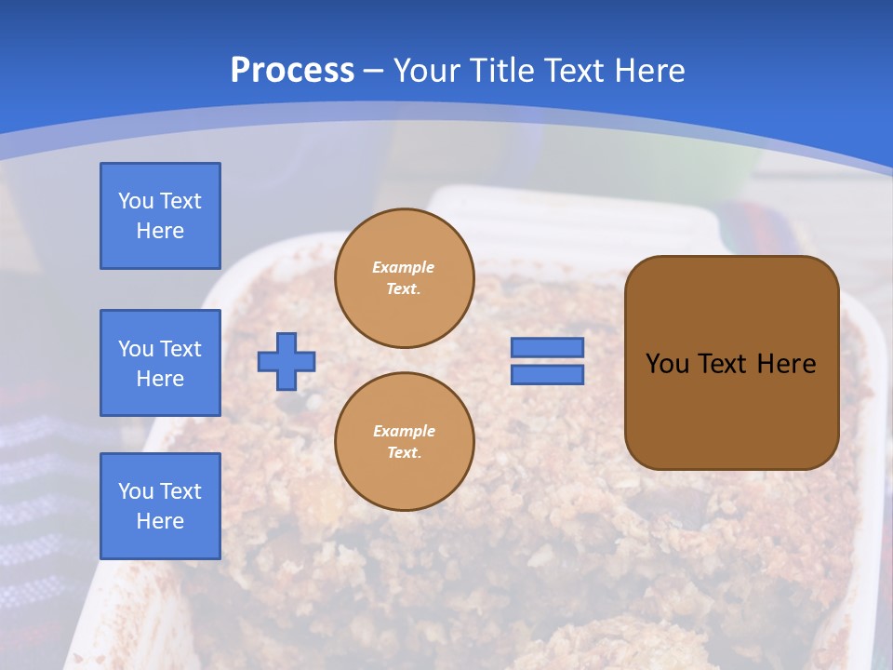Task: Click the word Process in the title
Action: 292,71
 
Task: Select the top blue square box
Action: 160,216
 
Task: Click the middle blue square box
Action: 160,363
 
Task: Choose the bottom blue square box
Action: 160,506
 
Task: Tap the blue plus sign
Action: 287,361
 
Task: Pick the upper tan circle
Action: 405,278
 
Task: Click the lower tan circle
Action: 405,442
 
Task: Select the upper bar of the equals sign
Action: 548,348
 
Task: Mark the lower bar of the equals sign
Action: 548,375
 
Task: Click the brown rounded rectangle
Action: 731,409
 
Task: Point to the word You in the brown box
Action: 667,364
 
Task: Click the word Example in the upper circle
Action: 404,267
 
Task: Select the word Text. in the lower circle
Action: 404,453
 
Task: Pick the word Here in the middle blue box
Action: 160,379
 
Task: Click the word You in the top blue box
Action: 135,201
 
